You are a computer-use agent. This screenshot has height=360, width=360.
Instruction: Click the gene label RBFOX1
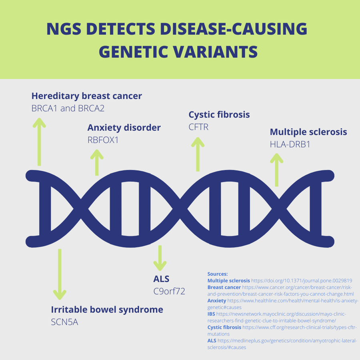[x=103, y=140]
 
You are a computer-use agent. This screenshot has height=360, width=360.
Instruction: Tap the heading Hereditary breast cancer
[x=86, y=96]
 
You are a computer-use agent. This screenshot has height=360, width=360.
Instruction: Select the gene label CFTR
[x=198, y=127]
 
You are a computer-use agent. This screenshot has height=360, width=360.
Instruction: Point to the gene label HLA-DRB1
[x=290, y=144]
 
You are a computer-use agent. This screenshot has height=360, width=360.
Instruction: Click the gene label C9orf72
[x=169, y=291]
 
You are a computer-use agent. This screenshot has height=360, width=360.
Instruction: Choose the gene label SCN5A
[x=64, y=322]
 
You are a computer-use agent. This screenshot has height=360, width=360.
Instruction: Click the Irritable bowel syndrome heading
[x=107, y=310]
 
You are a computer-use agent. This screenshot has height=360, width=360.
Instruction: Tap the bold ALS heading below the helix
[x=161, y=279]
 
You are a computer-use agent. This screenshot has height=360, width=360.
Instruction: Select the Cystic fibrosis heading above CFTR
[x=219, y=115]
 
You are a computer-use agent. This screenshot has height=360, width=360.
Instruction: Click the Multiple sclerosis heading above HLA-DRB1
[x=308, y=132]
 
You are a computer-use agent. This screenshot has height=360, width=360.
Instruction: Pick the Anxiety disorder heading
[x=124, y=128]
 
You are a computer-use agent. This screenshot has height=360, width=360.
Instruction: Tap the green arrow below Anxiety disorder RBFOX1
[x=96, y=162]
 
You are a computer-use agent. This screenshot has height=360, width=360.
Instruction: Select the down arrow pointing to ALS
[x=160, y=258]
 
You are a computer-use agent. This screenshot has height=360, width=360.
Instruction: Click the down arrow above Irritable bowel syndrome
[x=60, y=274]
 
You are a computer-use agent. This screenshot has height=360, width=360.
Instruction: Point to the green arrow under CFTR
[x=197, y=154]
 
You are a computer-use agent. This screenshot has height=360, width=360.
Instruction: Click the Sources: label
[x=218, y=274]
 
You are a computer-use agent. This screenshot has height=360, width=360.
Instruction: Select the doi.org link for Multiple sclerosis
[x=302, y=281]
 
